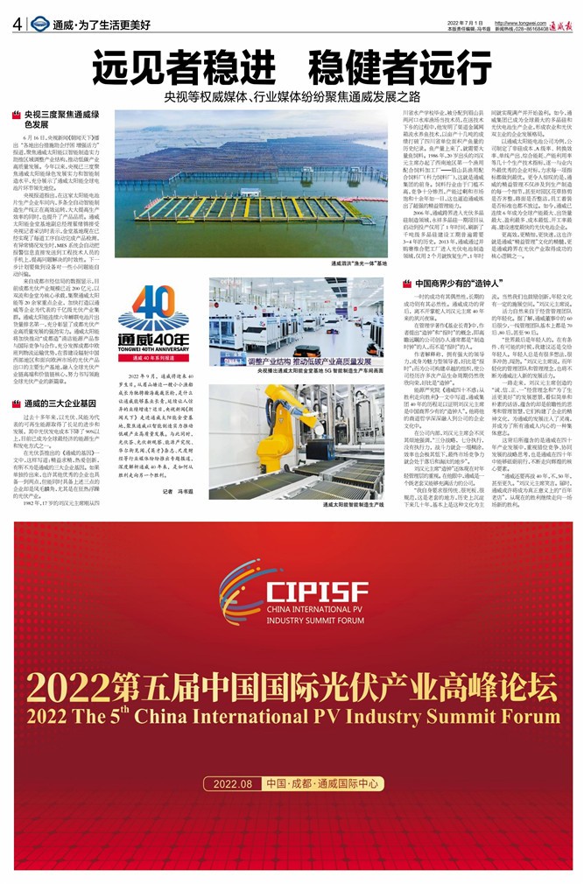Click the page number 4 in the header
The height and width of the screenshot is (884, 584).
pos(18,24)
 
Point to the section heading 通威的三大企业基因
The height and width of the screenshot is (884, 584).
pos(60,403)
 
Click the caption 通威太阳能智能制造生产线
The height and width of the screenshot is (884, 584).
pos(354,505)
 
